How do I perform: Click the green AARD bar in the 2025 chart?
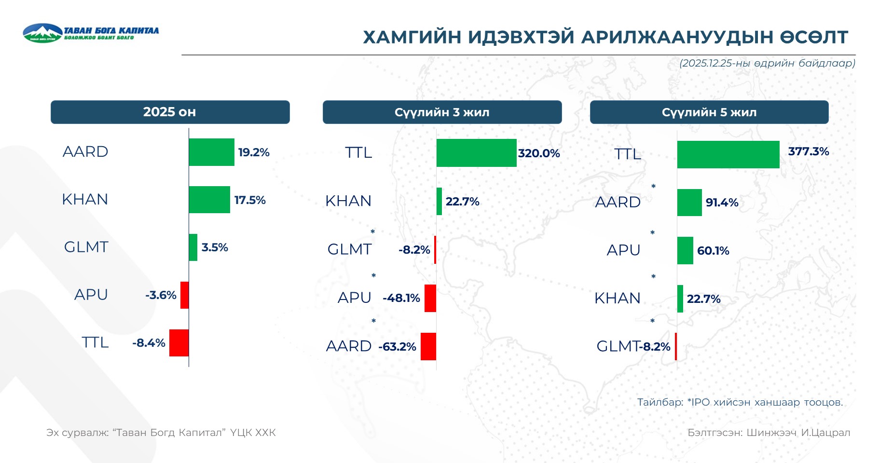[211, 152]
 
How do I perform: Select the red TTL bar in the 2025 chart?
[179, 343]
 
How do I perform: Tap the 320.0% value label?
[539, 153]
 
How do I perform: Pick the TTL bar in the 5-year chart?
[728, 154]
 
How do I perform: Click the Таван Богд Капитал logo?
[91, 33]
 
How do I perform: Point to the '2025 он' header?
[170, 112]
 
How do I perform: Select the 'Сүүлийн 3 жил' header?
[442, 112]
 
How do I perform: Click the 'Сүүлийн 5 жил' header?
[709, 112]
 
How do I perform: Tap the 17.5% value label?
[250, 200]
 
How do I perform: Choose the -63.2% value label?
[397, 347]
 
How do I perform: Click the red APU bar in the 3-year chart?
[430, 298]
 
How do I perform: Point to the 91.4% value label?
[722, 203]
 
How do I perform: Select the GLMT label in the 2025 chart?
[86, 247]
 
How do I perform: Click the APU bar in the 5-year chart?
[685, 250]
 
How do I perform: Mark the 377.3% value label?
[809, 151]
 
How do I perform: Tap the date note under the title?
[767, 63]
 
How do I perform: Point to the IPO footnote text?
[740, 402]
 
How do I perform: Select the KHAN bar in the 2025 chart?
[209, 200]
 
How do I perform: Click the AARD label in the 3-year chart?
[349, 346]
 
